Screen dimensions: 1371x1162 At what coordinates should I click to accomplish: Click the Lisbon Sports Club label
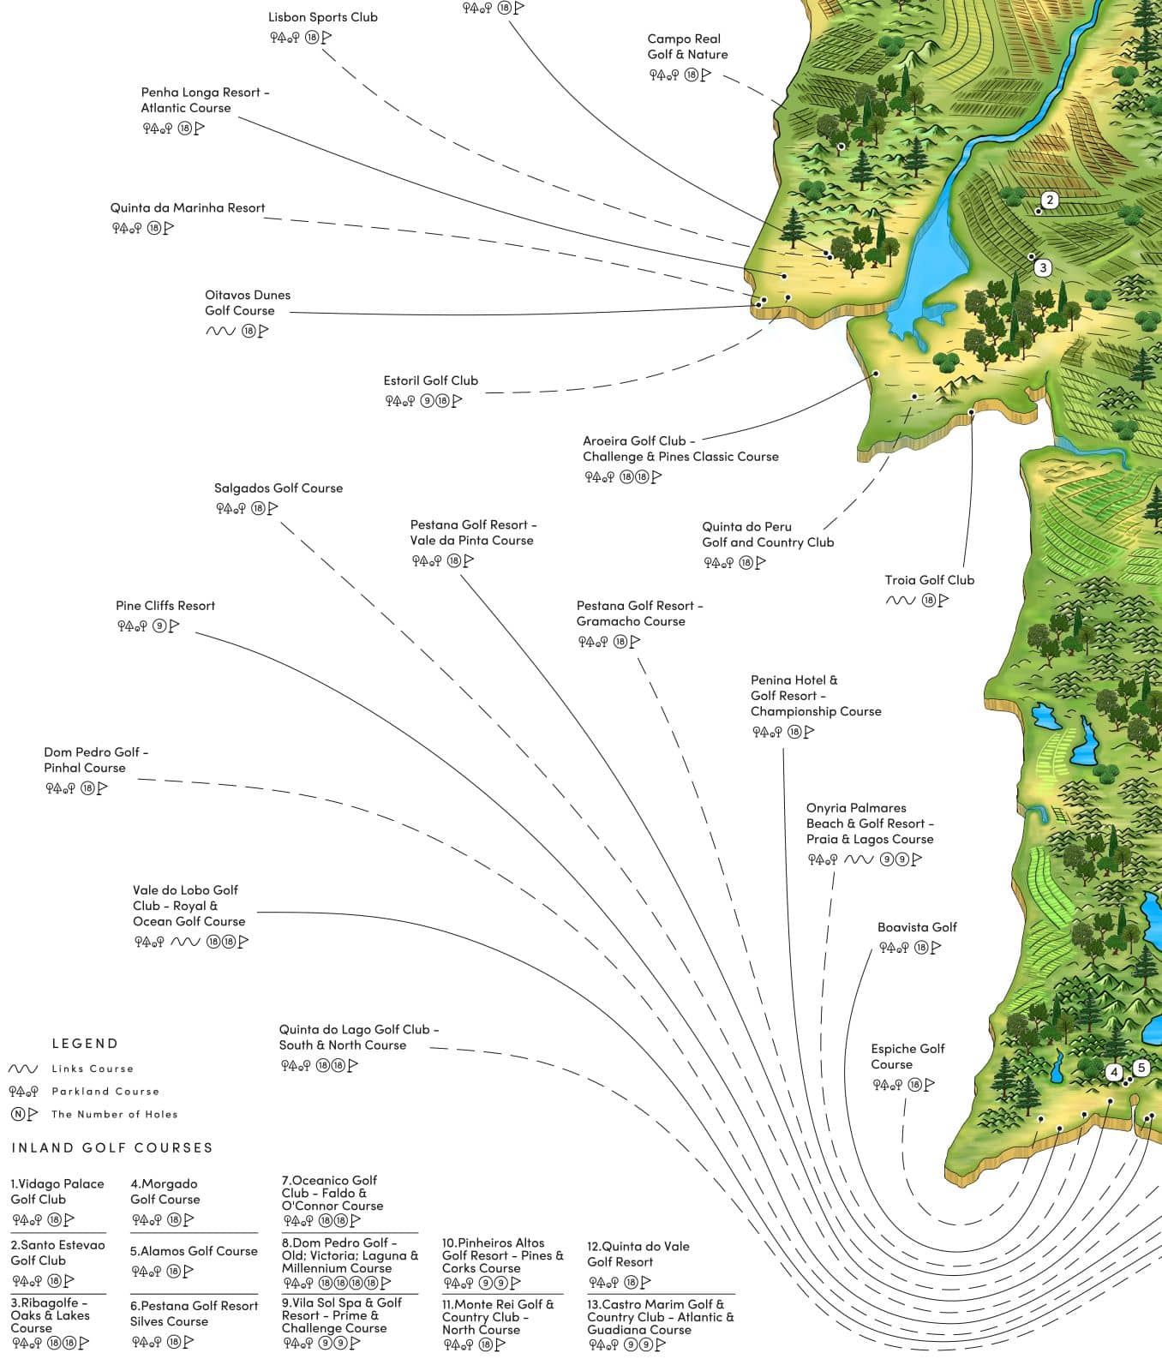click(x=322, y=17)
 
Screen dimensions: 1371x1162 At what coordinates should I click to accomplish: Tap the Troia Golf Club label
click(x=929, y=580)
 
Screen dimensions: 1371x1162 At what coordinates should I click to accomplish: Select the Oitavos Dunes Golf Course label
click(x=247, y=302)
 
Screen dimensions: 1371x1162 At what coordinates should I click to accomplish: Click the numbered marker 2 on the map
click(x=1049, y=201)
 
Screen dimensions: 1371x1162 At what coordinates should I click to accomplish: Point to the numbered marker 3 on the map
click(x=1043, y=268)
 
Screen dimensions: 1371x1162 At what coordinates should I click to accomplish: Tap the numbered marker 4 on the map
click(x=1114, y=1072)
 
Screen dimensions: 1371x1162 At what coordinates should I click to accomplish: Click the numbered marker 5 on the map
click(x=1141, y=1068)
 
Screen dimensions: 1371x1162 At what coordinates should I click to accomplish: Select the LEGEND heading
click(x=85, y=1044)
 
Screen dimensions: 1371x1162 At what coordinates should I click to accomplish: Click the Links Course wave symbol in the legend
click(x=23, y=1069)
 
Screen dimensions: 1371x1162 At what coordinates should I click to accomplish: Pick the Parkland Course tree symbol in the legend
click(x=23, y=1092)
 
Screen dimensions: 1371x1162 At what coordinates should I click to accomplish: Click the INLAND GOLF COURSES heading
click(x=112, y=1148)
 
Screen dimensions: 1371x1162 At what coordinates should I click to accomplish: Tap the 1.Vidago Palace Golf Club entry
click(x=57, y=1192)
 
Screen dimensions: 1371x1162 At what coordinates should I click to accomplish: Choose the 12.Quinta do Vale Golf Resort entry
click(x=638, y=1254)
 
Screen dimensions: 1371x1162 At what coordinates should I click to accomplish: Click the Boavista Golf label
click(x=916, y=927)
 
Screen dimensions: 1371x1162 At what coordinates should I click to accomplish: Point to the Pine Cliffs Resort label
click(x=165, y=606)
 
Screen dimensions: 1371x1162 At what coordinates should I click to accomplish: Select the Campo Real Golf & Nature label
click(x=687, y=46)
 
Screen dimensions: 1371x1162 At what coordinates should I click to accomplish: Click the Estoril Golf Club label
click(x=430, y=380)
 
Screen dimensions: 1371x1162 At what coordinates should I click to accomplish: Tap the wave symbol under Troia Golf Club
click(x=900, y=601)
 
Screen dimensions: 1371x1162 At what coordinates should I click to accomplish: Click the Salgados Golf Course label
click(x=279, y=488)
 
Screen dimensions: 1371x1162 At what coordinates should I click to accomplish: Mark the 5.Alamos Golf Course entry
click(x=194, y=1251)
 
